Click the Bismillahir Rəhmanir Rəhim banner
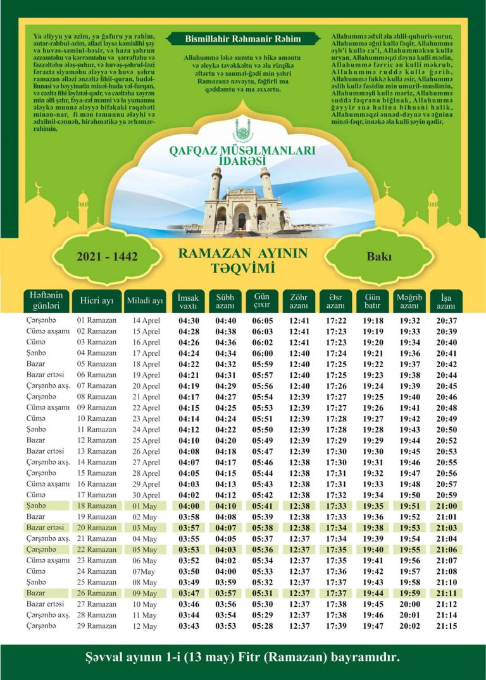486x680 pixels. pos(242,39)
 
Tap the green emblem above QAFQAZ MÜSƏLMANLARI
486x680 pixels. pos(242,131)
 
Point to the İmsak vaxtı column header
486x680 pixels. pos(189,301)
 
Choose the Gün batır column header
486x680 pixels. pos(373,301)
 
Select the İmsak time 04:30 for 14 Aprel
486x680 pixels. pos(189,321)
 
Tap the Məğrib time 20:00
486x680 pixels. pos(409,604)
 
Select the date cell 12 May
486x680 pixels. pos(144,626)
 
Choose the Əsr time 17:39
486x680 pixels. pos(336,626)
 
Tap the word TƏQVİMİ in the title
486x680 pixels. pos(243,268)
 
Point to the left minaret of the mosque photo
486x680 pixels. pos(216,190)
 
